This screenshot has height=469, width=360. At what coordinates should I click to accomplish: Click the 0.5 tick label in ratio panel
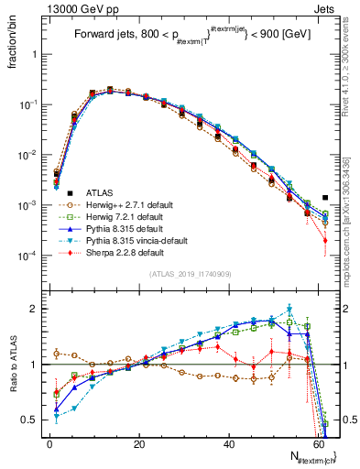tap(30, 420)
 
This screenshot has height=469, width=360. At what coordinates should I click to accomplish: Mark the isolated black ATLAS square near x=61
tap(325, 197)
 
